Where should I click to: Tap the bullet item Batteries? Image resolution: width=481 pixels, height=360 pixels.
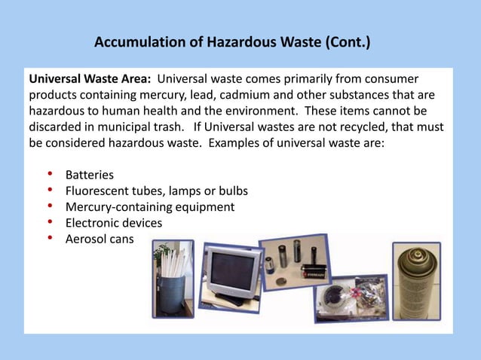click(90, 175)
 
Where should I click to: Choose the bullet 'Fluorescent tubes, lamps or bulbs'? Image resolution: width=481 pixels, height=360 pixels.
click(156, 191)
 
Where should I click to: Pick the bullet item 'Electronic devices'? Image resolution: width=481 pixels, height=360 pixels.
click(114, 223)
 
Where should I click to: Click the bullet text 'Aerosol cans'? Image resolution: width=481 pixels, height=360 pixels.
click(100, 239)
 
